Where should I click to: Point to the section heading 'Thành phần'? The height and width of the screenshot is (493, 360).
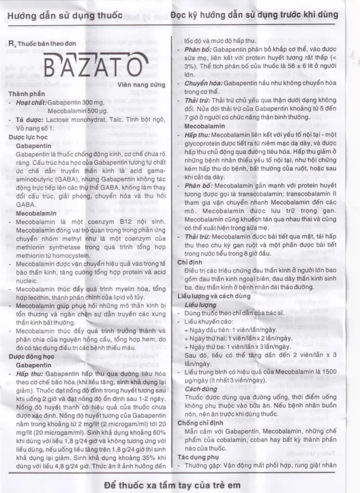pos(26,94)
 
